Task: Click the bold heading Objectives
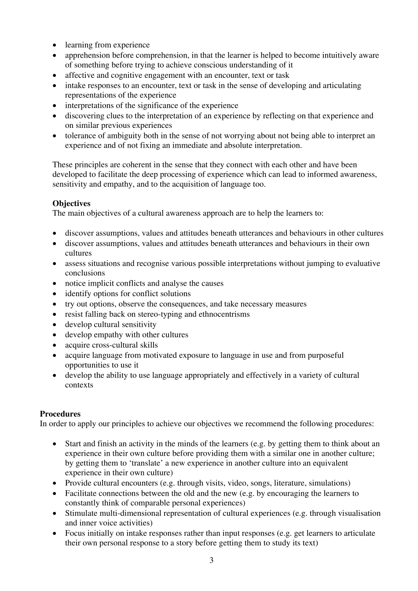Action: (71, 203)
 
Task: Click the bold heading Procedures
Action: (60, 414)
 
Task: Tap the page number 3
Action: (211, 560)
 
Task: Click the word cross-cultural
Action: (114, 345)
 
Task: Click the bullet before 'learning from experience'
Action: (55, 45)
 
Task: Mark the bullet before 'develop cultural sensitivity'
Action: (55, 325)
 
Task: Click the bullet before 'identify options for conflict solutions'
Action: (55, 294)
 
